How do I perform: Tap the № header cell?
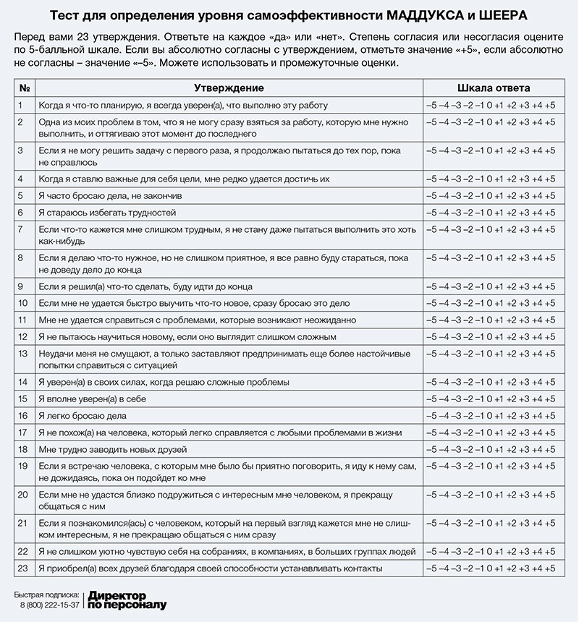point(24,88)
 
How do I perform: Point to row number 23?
point(22,568)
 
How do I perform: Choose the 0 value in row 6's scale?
point(489,213)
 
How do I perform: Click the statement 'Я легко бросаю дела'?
point(83,415)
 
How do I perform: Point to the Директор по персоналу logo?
point(127,600)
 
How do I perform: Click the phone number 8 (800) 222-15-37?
point(49,605)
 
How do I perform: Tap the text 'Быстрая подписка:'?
point(47,595)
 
